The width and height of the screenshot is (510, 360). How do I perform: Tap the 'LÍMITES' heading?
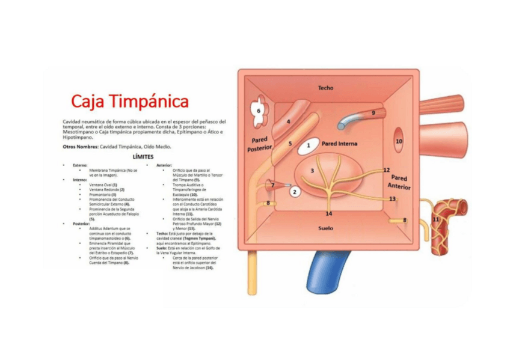click(x=144, y=156)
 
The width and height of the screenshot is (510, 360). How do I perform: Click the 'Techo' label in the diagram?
click(x=325, y=88)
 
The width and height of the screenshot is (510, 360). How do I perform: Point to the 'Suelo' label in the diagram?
click(x=325, y=228)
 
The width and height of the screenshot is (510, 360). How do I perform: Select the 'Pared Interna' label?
click(x=339, y=144)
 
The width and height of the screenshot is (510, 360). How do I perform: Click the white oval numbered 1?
click(x=309, y=145)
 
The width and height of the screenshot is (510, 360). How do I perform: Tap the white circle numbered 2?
click(x=295, y=192)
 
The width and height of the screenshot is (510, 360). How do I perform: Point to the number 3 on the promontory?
click(x=312, y=171)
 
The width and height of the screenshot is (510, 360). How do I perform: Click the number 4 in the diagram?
click(x=289, y=121)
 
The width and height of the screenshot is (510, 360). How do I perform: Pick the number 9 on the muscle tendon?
click(x=373, y=112)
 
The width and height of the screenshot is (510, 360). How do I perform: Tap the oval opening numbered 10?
click(x=399, y=141)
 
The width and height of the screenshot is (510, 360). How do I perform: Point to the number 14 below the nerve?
click(x=328, y=213)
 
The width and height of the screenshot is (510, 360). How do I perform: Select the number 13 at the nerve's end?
click(x=392, y=198)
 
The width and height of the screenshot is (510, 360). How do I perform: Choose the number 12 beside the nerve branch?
click(x=386, y=170)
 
